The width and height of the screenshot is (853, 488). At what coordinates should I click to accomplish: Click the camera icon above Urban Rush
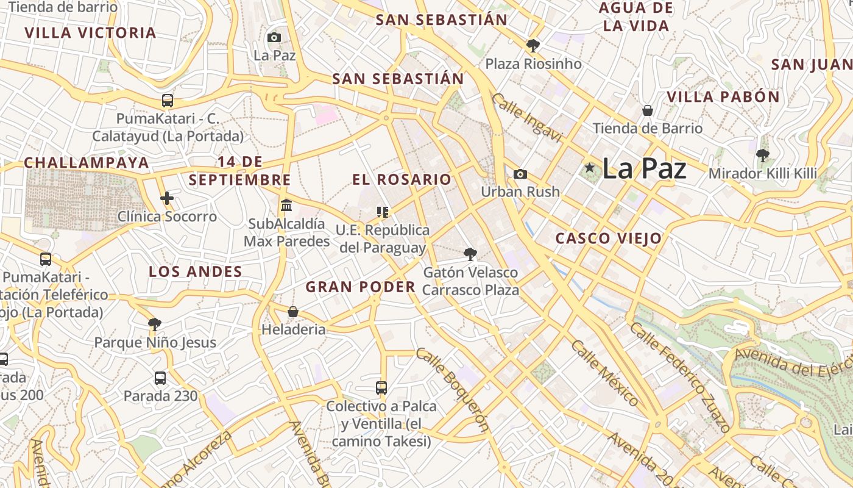[520, 174]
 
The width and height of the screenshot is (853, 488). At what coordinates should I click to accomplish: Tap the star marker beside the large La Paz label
[589, 168]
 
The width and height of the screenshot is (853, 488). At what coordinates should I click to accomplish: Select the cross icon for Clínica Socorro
[167, 198]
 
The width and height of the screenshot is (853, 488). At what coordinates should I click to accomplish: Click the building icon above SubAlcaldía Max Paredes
[286, 205]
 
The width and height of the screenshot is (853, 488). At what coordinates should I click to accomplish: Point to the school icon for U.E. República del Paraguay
[383, 212]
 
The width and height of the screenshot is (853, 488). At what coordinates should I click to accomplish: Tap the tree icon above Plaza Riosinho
[533, 45]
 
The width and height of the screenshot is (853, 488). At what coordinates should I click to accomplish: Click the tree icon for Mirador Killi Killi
[762, 156]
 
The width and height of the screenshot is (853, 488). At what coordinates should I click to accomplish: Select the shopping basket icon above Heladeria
[293, 312]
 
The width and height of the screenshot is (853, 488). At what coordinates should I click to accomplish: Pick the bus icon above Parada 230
[160, 378]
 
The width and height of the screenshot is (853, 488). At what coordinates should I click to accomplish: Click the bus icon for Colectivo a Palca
[381, 387]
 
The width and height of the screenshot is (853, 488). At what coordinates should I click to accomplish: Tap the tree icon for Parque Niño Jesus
[155, 324]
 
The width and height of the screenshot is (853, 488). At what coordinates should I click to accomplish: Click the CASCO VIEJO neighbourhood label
[608, 239]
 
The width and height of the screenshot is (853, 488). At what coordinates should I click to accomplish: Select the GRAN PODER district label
[361, 287]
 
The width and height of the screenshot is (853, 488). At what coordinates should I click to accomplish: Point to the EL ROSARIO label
[402, 179]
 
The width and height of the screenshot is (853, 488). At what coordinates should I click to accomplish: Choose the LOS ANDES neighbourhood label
[196, 271]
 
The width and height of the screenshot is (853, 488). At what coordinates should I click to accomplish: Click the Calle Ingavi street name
[526, 118]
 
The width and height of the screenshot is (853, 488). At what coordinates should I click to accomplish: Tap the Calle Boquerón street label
[453, 389]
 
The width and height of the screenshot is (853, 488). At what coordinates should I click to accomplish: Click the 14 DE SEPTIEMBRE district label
[239, 171]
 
